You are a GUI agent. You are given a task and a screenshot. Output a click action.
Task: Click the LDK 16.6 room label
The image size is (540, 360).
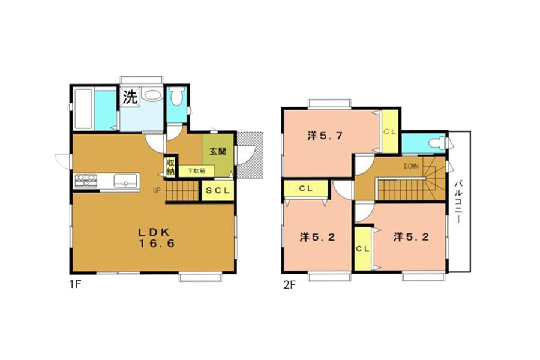point(157,238)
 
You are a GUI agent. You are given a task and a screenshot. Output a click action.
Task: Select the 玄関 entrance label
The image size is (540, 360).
point(218,151)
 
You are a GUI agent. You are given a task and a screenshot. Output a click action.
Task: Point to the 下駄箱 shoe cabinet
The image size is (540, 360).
point(196,170)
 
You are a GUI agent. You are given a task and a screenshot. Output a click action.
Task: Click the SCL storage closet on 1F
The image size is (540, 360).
point(218,190)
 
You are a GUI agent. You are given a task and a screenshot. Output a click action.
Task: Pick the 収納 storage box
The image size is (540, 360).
point(170,167)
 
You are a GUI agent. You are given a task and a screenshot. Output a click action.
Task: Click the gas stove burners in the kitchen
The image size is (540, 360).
point(86,181)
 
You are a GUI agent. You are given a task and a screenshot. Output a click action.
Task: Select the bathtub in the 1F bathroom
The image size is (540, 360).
point(83,110)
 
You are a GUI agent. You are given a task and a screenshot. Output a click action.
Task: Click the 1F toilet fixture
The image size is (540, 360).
point(177,97)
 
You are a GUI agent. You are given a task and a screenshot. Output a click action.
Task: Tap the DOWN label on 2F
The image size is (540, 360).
point(411,166)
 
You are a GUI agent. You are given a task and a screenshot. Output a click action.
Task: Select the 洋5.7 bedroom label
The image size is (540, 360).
point(325,136)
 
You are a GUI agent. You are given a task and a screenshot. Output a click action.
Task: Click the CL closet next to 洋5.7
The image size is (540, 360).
point(390,131)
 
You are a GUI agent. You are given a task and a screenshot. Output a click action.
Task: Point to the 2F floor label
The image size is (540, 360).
point(289,285)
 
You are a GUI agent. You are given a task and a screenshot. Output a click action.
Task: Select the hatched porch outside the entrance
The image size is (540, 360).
point(250,155)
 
